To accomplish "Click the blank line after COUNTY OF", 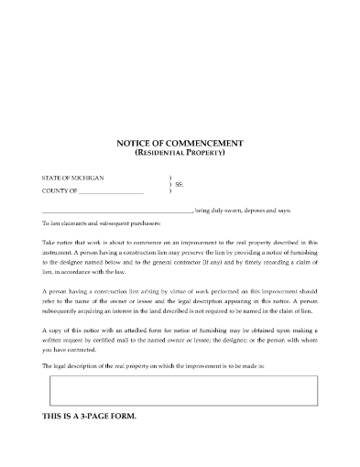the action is tap(112, 191).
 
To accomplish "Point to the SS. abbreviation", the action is tap(180, 183).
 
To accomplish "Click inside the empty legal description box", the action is tap(180, 391).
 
